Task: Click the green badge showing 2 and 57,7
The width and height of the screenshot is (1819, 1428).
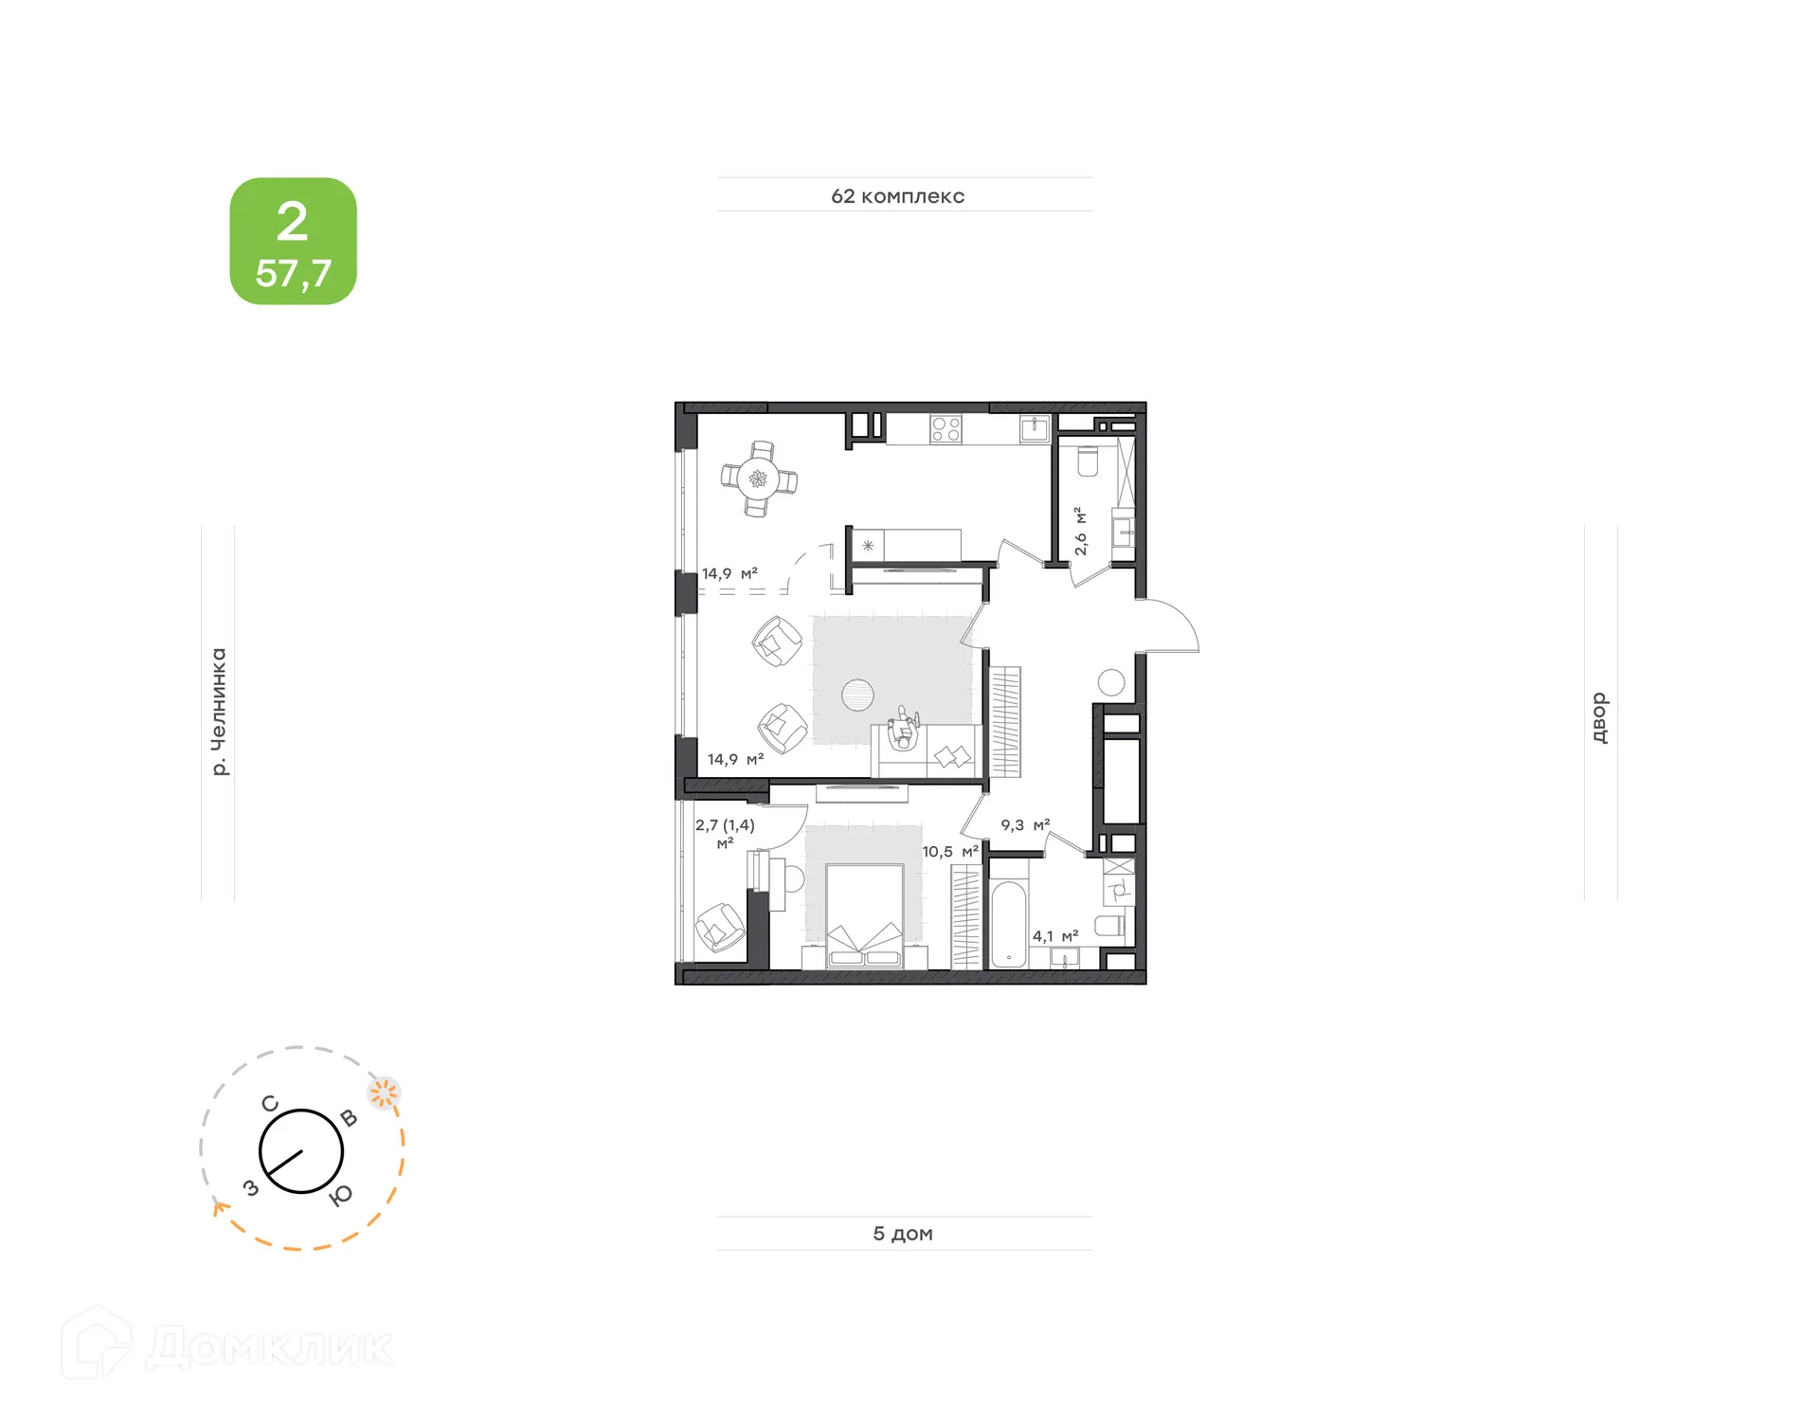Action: [x=293, y=241]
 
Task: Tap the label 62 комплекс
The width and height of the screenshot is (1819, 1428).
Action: [x=897, y=196]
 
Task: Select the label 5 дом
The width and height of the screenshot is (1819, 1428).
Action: [x=903, y=1234]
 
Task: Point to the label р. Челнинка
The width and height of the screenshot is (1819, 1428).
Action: [x=219, y=712]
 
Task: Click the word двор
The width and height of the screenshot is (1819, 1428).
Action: [x=1599, y=717]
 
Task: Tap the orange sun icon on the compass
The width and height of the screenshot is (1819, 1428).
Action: [x=384, y=1094]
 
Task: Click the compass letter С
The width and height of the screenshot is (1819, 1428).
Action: [x=270, y=1104]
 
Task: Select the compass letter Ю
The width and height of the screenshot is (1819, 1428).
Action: [x=341, y=1196]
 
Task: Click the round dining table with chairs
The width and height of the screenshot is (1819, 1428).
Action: [x=758, y=479]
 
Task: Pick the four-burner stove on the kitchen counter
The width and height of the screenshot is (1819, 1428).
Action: [x=946, y=429]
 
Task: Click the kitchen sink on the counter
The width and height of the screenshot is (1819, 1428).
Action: [x=1035, y=429]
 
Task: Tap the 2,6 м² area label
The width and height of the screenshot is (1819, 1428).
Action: [x=1080, y=532]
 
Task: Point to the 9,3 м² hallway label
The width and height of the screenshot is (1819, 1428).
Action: [x=1025, y=825]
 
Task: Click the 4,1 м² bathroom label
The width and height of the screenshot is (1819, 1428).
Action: [x=1055, y=936]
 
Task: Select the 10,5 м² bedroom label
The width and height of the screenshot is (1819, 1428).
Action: [x=950, y=852]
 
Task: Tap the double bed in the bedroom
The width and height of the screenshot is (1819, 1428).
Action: [x=864, y=914]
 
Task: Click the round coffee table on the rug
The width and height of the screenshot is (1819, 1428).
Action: [x=858, y=695]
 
